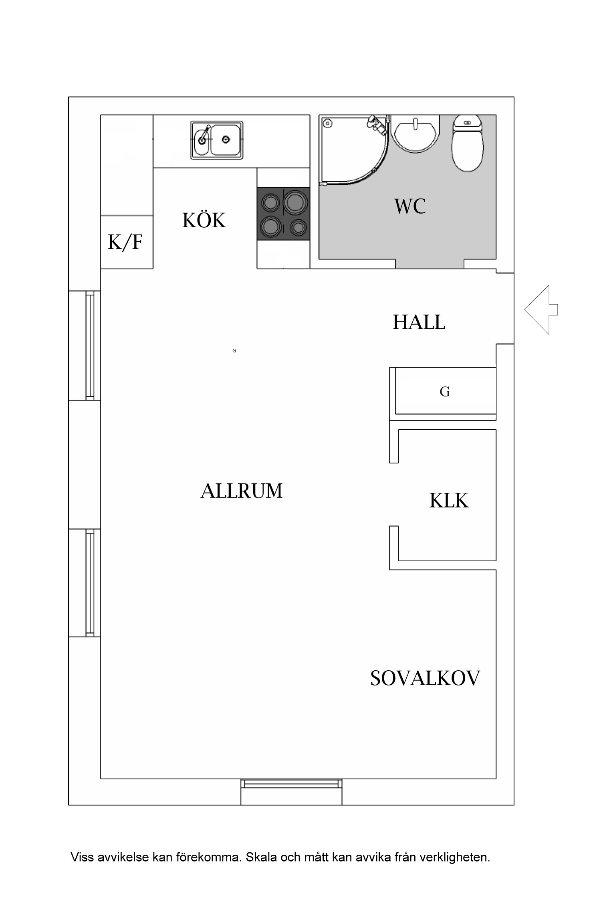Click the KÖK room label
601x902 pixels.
(x=204, y=220)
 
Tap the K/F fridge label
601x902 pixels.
(x=125, y=242)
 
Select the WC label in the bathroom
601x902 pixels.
(x=409, y=206)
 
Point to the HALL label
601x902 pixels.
(x=419, y=322)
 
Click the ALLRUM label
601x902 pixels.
(x=242, y=491)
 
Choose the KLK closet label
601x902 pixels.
(x=449, y=501)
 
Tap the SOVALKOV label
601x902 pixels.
(x=425, y=679)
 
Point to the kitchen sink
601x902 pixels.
(x=217, y=140)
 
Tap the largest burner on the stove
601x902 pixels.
(x=296, y=202)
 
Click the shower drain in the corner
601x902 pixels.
(x=328, y=123)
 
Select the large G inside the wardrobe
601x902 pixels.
(x=445, y=392)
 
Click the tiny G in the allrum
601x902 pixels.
(x=234, y=351)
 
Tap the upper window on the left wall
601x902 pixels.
(x=90, y=346)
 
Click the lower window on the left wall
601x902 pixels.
(x=90, y=582)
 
